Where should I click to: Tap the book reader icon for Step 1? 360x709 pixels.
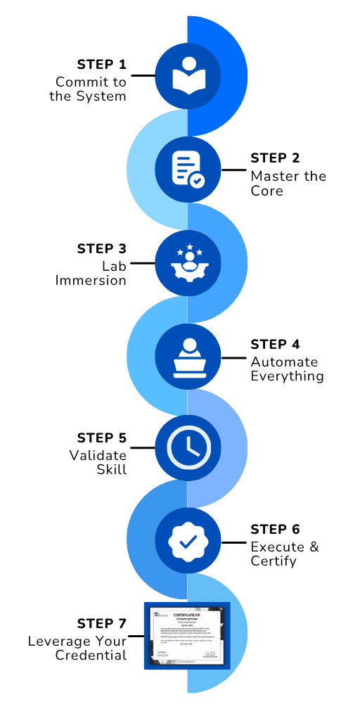pos(187,75)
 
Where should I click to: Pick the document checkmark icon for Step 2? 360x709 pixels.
pos(187,169)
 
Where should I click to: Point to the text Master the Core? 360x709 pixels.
pos(288,183)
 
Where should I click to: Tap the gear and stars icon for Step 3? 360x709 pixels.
pos(187,262)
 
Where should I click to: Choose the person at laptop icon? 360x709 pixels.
pos(187,355)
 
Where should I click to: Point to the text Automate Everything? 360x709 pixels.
pos(287,369)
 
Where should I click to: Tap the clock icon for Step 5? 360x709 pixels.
pos(187,447)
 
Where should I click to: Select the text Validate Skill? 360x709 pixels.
pos(98,462)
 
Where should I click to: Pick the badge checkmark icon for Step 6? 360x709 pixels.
pos(187,542)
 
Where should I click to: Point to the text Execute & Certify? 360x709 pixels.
pos(284,554)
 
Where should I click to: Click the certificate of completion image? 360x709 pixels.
pos(188,635)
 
